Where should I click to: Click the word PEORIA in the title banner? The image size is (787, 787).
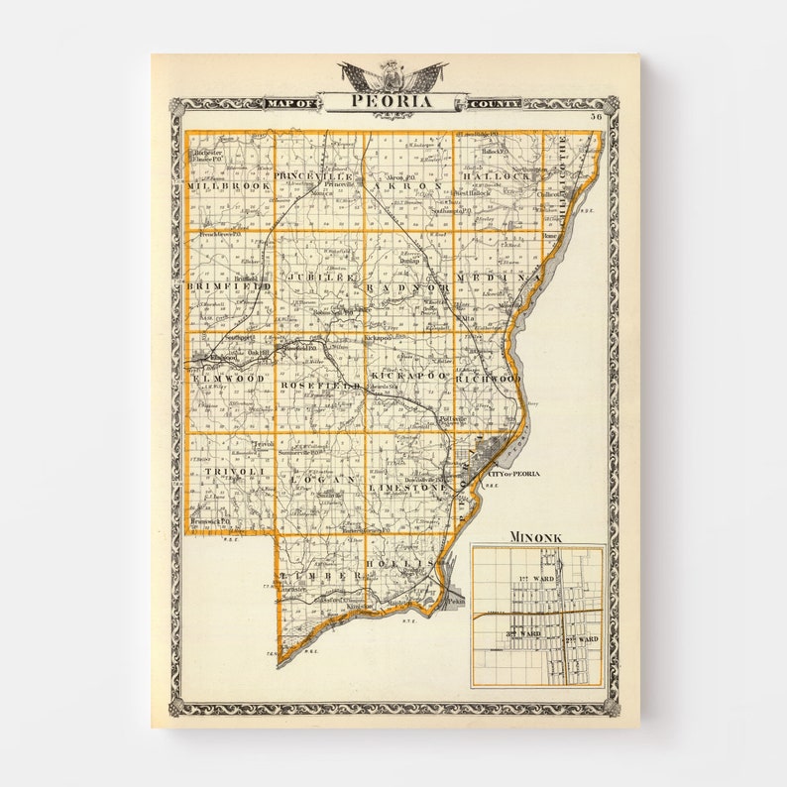click(x=393, y=102)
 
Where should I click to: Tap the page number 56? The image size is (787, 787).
click(x=596, y=116)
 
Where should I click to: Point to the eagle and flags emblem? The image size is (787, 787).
click(x=393, y=75)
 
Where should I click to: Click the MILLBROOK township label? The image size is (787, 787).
click(x=227, y=185)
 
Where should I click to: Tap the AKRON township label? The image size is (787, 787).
click(x=407, y=185)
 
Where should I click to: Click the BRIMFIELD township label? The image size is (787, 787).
click(x=228, y=285)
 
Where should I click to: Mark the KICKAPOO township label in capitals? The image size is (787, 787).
click(x=407, y=378)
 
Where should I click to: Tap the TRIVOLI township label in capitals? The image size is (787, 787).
click(x=230, y=471)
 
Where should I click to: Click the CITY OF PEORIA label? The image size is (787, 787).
click(x=513, y=474)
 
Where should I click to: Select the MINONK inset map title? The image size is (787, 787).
click(x=536, y=537)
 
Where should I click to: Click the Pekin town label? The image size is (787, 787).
click(x=452, y=601)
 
